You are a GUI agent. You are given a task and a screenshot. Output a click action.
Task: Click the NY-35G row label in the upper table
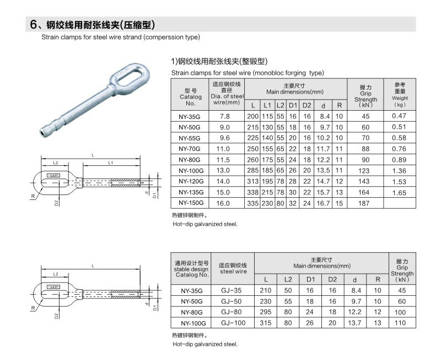click(x=191, y=117)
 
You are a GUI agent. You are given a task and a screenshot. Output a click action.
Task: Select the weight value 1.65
click(x=399, y=193)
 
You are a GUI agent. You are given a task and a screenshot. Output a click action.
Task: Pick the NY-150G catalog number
click(x=191, y=203)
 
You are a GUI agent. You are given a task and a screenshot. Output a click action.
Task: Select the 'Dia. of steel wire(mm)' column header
click(x=227, y=93)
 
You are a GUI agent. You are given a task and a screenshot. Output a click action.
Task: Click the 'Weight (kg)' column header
click(x=400, y=94)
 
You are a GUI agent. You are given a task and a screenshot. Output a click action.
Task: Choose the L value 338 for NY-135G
click(x=252, y=192)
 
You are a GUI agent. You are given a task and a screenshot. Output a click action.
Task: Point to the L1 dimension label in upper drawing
click(x=111, y=164)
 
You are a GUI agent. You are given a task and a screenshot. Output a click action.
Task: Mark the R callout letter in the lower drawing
click(x=33, y=307)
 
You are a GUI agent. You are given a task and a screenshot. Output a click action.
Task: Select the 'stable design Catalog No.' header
click(x=191, y=269)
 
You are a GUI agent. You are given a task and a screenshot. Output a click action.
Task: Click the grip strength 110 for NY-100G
click(x=401, y=323)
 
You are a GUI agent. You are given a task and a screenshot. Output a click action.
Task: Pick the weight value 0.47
click(x=399, y=116)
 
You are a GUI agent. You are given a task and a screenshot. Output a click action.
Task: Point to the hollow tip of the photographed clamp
click(x=44, y=134)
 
